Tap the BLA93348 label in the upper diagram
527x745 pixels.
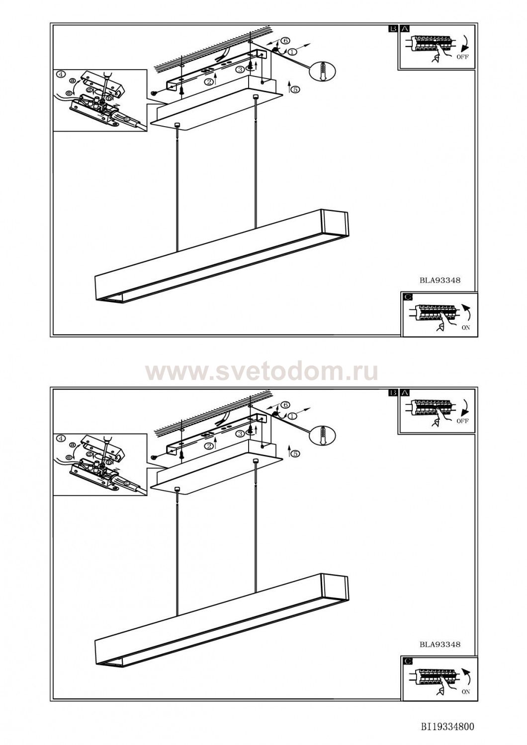click(440, 281)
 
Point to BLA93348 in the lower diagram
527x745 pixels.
click(440, 645)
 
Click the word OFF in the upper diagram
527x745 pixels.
click(462, 57)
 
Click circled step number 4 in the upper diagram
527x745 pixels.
click(60, 74)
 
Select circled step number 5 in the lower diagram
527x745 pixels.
click(295, 453)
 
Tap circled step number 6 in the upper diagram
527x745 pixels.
click(285, 41)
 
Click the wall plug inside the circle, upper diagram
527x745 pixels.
click(323, 71)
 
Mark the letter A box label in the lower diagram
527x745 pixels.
click(405, 393)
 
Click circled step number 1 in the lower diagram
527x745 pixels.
click(292, 416)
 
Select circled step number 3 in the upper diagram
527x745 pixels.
click(240, 70)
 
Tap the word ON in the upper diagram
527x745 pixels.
click(466, 328)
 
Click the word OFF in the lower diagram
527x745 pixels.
click(462, 421)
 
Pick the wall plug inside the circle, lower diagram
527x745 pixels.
click(323, 435)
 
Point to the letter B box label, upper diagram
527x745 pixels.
click(393, 29)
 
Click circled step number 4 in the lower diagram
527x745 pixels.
click(60, 439)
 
